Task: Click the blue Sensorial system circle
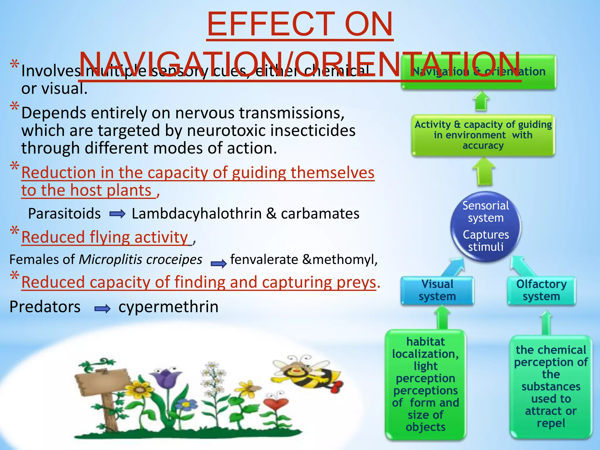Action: click(x=485, y=226)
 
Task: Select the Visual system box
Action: click(x=437, y=290)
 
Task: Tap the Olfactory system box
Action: click(x=541, y=290)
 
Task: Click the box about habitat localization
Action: click(x=425, y=384)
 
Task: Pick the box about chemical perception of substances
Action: click(x=551, y=386)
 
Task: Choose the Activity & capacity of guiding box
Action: click(x=483, y=135)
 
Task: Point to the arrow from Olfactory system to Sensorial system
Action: click(x=521, y=265)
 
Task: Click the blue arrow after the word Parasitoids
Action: click(x=117, y=214)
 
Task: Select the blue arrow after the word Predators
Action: click(x=102, y=308)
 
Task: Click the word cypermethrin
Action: click(x=168, y=307)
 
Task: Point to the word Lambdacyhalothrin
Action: click(x=197, y=213)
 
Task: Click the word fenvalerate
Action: click(x=264, y=260)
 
